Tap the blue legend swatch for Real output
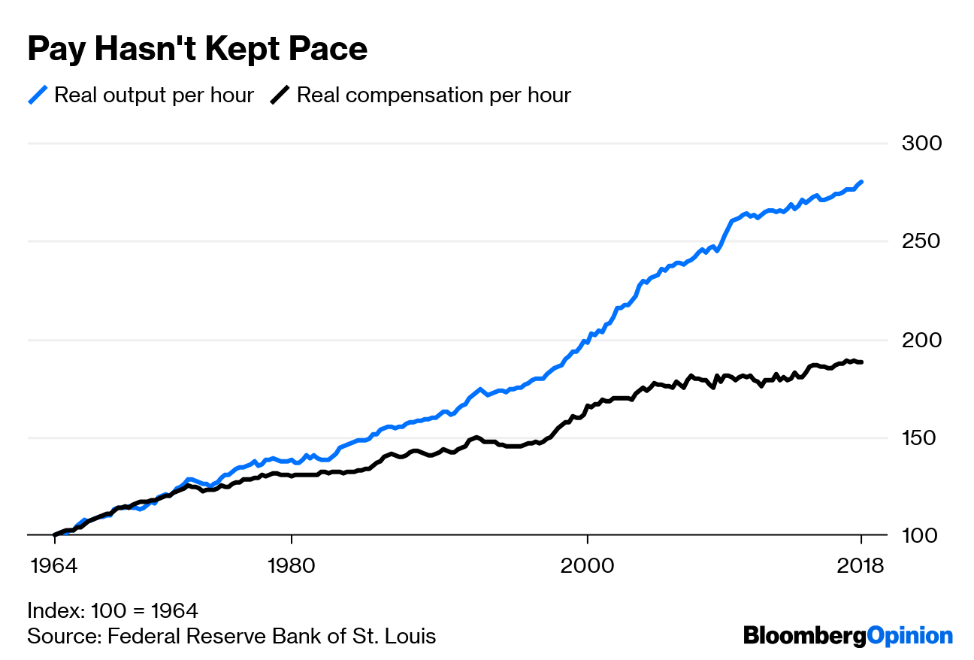click(38, 95)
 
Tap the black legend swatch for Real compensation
click(280, 95)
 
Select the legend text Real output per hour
click(154, 95)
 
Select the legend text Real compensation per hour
click(434, 95)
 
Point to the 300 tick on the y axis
click(915, 143)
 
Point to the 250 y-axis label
click(915, 241)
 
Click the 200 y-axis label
click(915, 340)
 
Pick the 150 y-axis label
click(915, 437)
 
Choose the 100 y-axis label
click(915, 535)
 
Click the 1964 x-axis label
click(54, 565)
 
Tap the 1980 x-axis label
click(290, 565)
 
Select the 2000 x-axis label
click(586, 565)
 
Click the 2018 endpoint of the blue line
click(861, 182)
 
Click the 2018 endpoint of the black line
click(861, 362)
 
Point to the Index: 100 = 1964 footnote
click(113, 610)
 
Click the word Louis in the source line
click(411, 636)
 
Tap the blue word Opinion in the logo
click(909, 636)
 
